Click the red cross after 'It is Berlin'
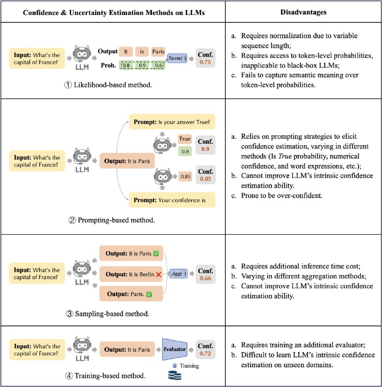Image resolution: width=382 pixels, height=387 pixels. click(158, 274)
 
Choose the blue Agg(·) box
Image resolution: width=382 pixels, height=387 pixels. click(177, 273)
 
